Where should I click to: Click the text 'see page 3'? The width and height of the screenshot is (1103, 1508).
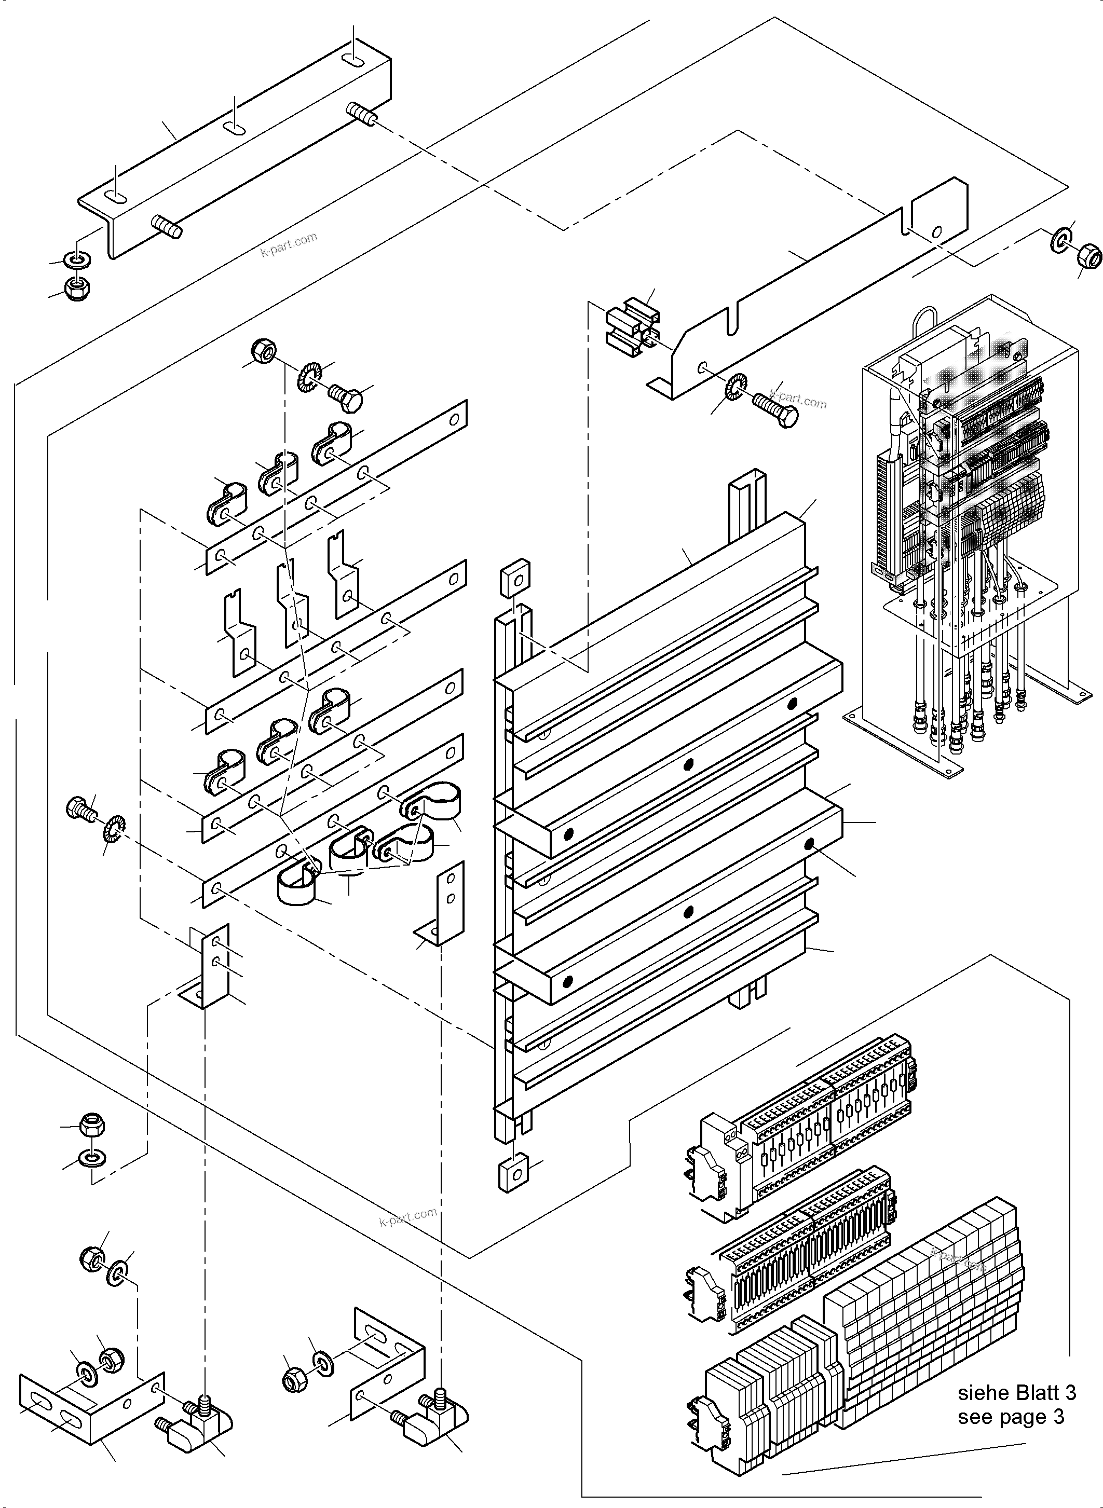click(1010, 1417)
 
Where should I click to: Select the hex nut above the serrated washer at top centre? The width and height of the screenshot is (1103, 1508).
click(264, 350)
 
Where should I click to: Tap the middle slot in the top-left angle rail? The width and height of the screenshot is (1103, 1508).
click(234, 128)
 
